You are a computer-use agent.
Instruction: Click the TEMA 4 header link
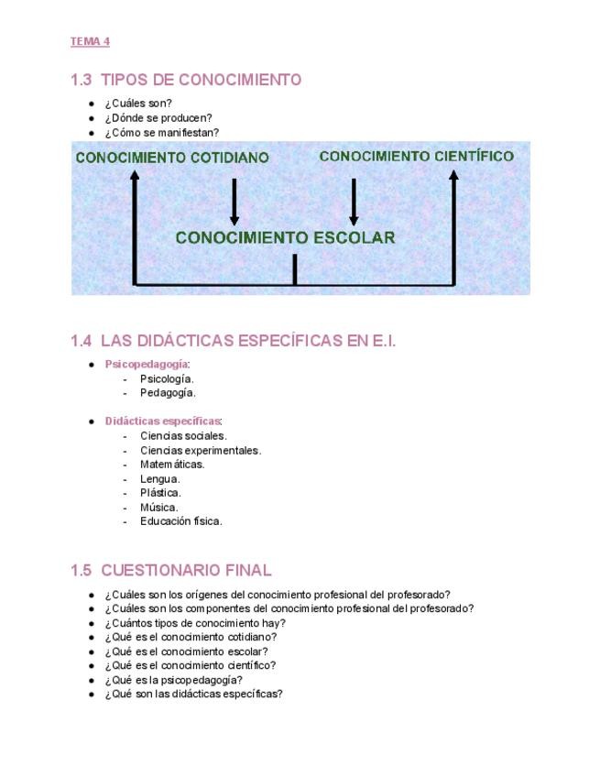(90, 41)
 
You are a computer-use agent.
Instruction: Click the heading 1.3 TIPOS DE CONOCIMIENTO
(186, 80)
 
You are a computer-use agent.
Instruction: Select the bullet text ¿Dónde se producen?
(158, 118)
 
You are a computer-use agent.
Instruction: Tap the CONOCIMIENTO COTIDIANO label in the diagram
(172, 158)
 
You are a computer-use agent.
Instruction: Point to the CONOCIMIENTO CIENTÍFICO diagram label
(416, 157)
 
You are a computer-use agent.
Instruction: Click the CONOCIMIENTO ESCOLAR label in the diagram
(285, 238)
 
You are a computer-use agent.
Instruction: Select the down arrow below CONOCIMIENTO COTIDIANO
(235, 201)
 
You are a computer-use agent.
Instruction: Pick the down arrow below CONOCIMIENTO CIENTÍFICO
(354, 201)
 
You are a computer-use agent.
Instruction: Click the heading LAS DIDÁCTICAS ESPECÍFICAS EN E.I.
(234, 341)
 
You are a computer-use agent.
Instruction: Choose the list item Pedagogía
(168, 393)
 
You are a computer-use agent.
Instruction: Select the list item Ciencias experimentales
(201, 451)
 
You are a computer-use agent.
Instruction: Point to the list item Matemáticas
(172, 465)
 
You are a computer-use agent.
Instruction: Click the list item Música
(159, 508)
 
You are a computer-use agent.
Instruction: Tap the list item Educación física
(181, 521)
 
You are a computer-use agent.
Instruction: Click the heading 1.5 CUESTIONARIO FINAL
(171, 570)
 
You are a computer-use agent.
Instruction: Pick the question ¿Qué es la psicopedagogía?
(174, 680)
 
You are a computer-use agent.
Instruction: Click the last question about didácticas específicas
(193, 694)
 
